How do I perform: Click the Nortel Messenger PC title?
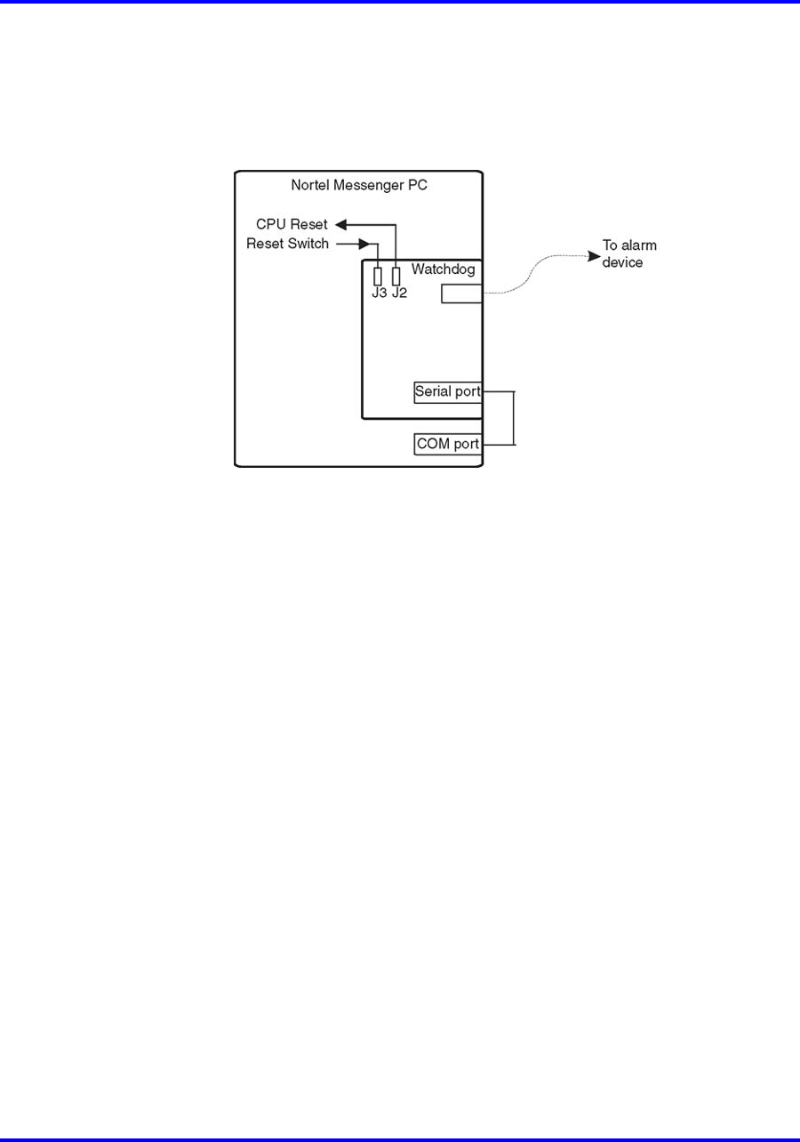click(x=359, y=185)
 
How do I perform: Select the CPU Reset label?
click(x=292, y=224)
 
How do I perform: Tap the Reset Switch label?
click(x=287, y=244)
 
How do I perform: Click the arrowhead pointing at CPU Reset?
click(x=341, y=224)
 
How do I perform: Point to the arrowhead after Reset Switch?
click(x=364, y=245)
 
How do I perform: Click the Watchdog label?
click(x=443, y=269)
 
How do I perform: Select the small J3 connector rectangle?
click(x=378, y=277)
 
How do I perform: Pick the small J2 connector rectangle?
click(x=396, y=277)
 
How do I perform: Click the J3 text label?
click(x=379, y=293)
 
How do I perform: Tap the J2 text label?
click(x=399, y=293)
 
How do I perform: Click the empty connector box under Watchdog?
click(x=461, y=294)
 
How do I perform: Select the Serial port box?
click(x=448, y=392)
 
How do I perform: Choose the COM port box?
click(x=448, y=444)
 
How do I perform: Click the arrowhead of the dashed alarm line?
click(x=594, y=256)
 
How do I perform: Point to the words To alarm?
click(x=629, y=245)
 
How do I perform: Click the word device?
click(x=622, y=262)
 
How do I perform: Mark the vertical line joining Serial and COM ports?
click(x=514, y=418)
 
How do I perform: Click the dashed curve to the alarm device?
click(x=531, y=276)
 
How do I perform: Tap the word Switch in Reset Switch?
click(x=308, y=244)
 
